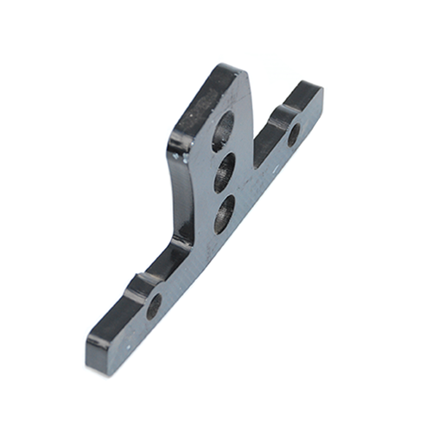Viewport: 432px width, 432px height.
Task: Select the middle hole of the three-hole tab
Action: [225, 172]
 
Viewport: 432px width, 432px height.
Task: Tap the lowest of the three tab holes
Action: [223, 213]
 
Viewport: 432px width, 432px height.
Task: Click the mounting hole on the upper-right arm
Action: [294, 135]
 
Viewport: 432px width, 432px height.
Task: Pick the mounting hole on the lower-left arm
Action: [154, 306]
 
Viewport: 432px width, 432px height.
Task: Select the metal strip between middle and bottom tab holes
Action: [224, 192]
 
